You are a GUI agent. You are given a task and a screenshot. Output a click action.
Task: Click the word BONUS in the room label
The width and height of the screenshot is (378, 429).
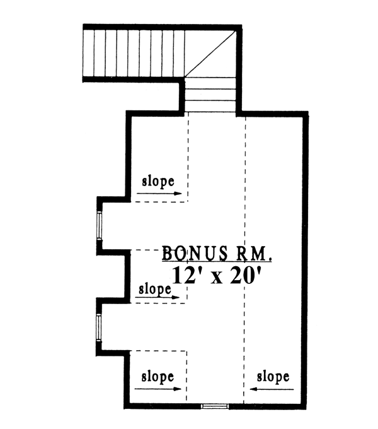[195, 253]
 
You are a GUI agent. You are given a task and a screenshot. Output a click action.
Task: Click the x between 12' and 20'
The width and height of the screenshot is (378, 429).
[217, 278]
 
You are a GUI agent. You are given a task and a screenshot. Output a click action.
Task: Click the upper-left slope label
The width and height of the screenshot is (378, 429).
[158, 182]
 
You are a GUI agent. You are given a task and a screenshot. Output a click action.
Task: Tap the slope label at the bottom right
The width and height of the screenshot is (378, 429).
[273, 377]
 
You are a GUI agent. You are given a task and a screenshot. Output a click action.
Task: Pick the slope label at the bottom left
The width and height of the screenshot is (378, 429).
[157, 377]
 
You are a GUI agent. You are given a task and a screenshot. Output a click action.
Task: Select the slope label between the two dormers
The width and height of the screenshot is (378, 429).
[155, 289]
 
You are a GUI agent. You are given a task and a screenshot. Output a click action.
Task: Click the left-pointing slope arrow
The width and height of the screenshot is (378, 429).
[272, 389]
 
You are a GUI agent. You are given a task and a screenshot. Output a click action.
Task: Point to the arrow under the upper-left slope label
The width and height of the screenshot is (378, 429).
[159, 194]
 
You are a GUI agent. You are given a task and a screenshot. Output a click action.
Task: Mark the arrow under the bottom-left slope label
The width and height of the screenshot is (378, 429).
[158, 389]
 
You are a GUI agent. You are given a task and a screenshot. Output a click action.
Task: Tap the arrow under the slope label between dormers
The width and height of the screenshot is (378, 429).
[157, 297]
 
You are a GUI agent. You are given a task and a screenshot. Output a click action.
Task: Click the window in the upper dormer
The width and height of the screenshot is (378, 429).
[100, 225]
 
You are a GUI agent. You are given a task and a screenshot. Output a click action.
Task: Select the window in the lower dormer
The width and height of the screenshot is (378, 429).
[99, 327]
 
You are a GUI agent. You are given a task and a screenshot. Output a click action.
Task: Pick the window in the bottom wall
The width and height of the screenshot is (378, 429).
[215, 406]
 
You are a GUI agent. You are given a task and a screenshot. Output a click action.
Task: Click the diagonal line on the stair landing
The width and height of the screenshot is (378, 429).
[210, 54]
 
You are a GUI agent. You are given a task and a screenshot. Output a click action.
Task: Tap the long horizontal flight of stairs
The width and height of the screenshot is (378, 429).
[134, 54]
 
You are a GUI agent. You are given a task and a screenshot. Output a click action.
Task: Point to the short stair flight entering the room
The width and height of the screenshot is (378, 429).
[210, 95]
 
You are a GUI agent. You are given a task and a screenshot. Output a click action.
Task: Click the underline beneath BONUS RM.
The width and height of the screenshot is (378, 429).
[217, 262]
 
